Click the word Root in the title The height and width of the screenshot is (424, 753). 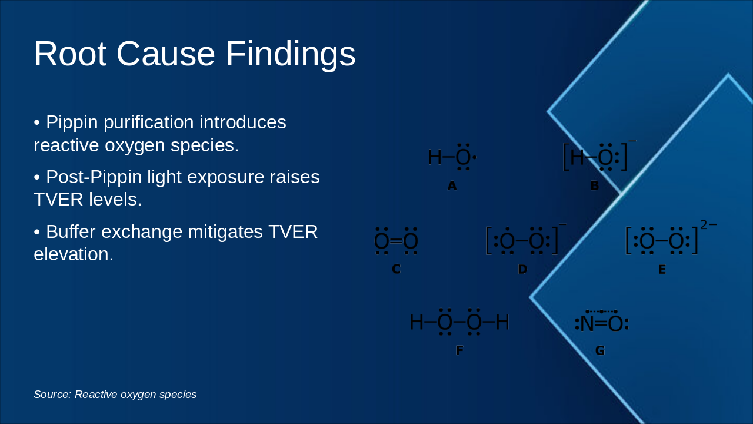[x=71, y=54]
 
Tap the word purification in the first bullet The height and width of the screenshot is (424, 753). [x=149, y=123]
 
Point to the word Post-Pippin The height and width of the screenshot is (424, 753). [x=94, y=178]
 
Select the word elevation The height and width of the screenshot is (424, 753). [x=74, y=254]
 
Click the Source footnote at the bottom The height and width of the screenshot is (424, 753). [x=115, y=395]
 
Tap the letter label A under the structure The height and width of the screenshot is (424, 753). [x=452, y=185]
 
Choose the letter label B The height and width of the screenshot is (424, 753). [x=594, y=185]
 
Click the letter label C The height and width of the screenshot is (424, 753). [x=397, y=269]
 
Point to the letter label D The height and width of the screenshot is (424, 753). [x=522, y=269]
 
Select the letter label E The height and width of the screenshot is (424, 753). [x=662, y=270]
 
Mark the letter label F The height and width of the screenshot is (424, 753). [x=459, y=350]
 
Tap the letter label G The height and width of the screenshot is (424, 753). [x=600, y=350]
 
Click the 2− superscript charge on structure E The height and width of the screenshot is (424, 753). [x=709, y=225]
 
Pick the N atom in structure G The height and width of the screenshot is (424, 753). [x=587, y=324]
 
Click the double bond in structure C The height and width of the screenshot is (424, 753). [x=396, y=241]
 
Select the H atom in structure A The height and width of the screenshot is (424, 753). [x=435, y=157]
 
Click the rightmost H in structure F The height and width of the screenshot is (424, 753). [x=502, y=322]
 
